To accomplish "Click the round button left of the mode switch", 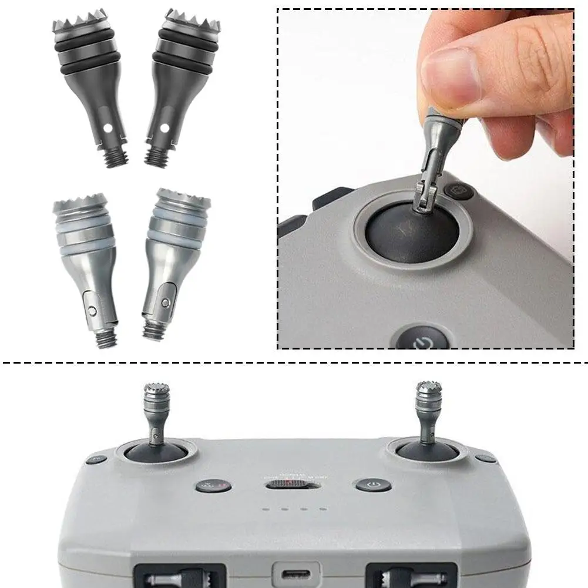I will [x=207, y=486].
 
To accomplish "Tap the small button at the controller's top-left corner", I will [x=96, y=459].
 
